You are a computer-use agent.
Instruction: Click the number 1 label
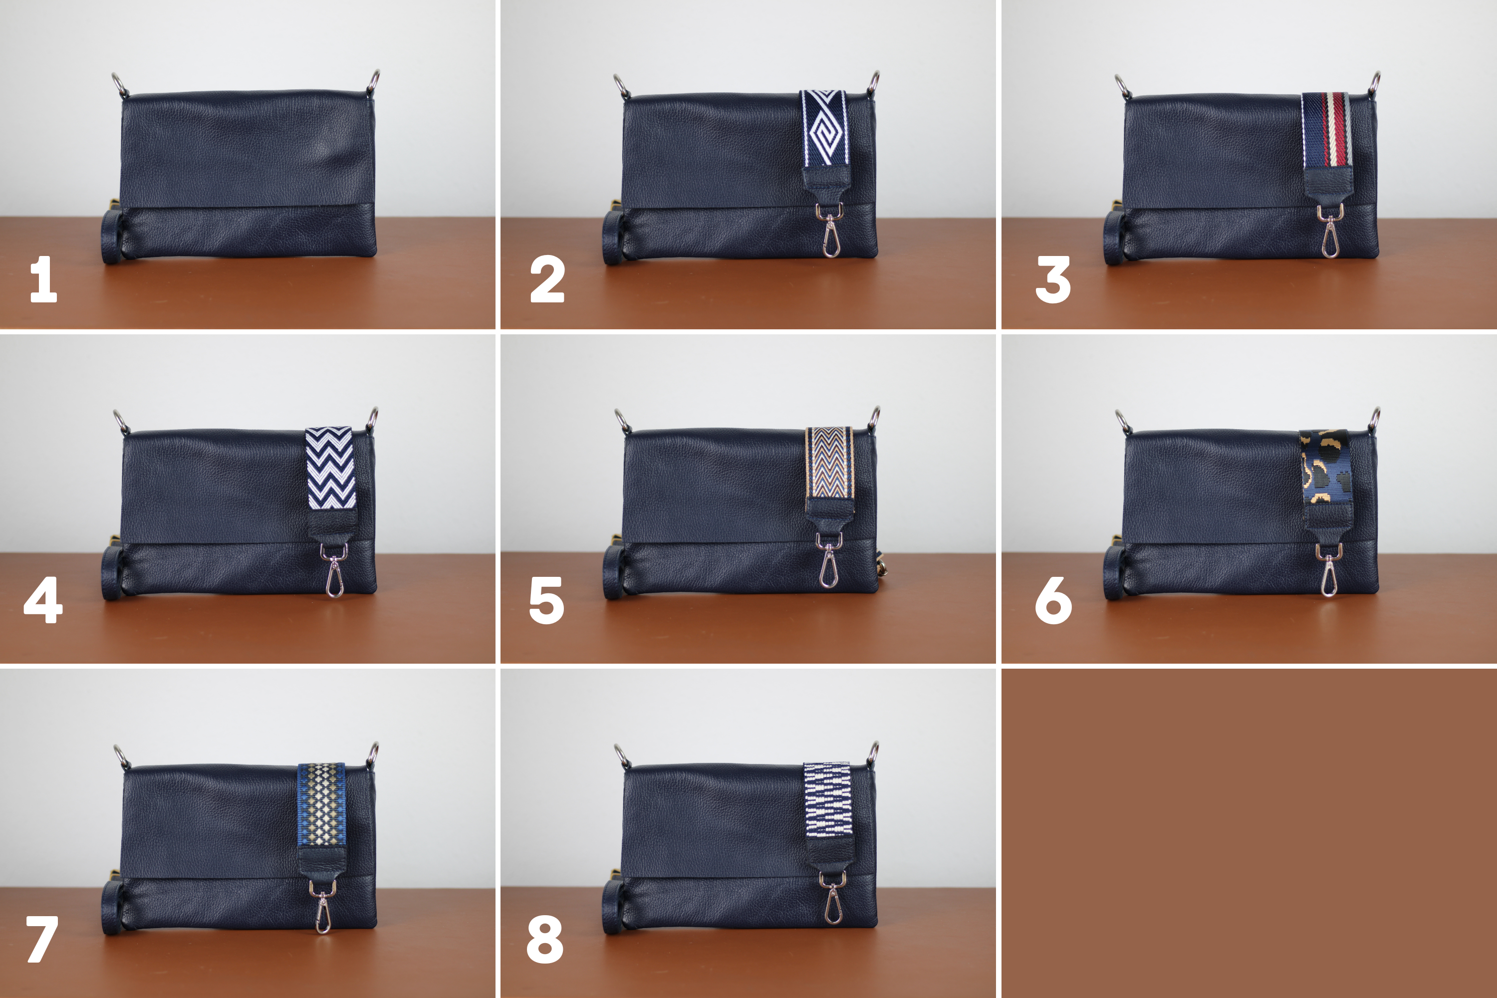[43, 279]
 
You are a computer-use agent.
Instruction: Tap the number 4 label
[43, 600]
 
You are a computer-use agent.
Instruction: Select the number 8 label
[545, 940]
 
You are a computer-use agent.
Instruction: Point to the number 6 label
[1053, 600]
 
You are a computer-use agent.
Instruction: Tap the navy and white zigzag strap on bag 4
[330, 468]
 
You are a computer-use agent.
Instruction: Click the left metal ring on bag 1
[120, 85]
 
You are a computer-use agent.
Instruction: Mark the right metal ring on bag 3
[1374, 83]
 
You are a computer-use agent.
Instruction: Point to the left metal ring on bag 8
[622, 755]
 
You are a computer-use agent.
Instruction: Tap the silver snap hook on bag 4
[335, 570]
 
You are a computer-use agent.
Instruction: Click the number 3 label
[1053, 280]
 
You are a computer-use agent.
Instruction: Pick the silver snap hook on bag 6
[1329, 570]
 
